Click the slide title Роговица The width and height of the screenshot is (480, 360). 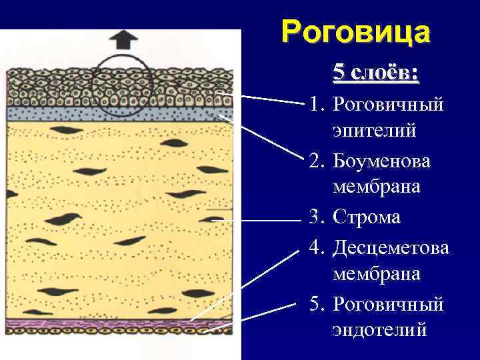pyautogui.click(x=355, y=32)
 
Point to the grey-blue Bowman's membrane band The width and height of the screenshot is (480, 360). pyautogui.click(x=120, y=113)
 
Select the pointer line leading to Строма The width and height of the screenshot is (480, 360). pyautogui.click(x=253, y=219)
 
